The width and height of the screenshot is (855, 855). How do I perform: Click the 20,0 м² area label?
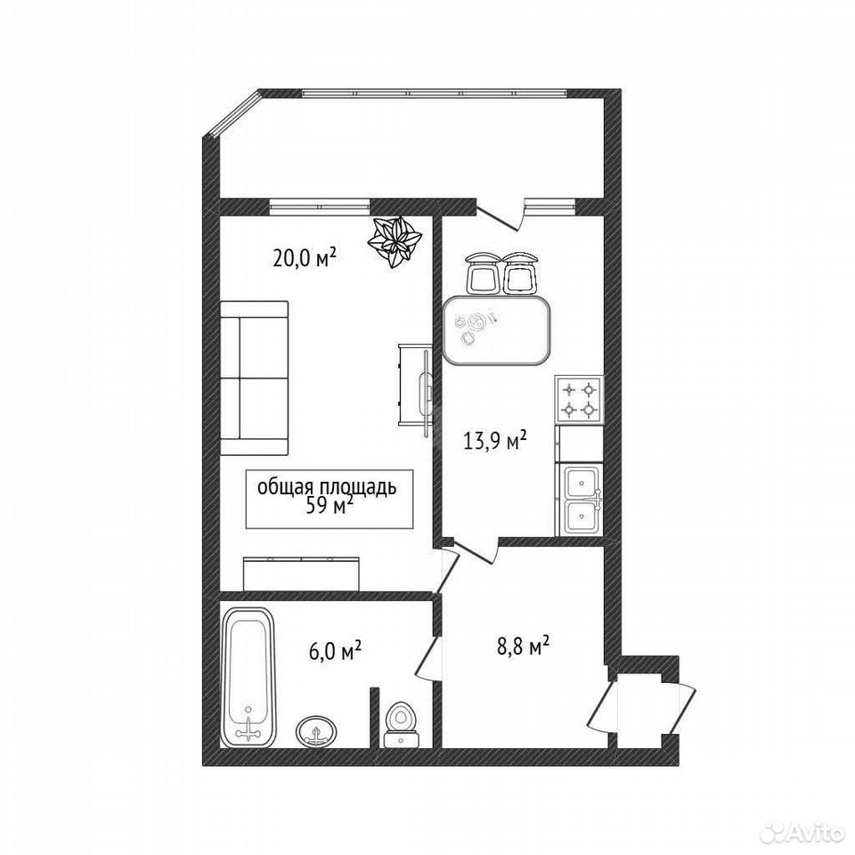point(304,257)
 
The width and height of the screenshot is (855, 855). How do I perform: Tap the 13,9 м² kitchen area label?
point(495,439)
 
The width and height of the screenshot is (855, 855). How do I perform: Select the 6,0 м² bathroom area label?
point(336,650)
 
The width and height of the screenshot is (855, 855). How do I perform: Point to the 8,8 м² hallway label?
point(522,647)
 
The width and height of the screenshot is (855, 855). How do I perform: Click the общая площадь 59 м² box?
point(330,499)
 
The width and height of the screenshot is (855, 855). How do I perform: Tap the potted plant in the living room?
point(395,241)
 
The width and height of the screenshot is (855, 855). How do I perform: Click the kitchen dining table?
point(497,330)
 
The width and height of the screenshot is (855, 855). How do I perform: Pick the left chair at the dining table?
point(482,273)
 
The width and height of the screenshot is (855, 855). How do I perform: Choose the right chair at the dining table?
point(520,273)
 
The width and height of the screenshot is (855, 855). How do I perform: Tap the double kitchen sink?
point(582,500)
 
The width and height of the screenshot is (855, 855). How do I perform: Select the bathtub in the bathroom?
point(249,677)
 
